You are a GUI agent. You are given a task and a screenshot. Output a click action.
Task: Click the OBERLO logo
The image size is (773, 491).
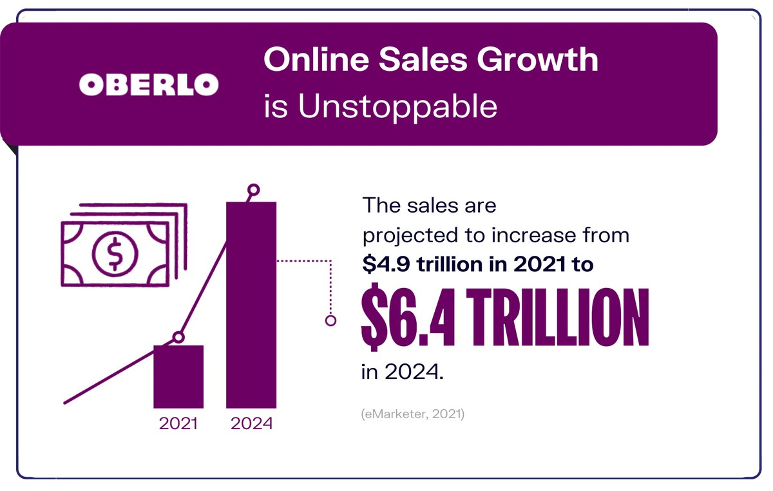(x=148, y=84)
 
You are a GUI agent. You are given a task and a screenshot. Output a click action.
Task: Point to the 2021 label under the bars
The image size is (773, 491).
(x=178, y=423)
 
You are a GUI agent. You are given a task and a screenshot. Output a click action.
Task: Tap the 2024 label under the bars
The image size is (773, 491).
(x=251, y=423)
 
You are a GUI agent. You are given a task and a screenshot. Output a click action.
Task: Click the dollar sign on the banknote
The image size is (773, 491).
(x=114, y=253)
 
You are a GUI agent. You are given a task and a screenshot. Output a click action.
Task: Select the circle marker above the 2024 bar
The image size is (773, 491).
(x=254, y=190)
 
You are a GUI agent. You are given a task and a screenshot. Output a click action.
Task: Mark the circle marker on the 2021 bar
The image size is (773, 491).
(x=179, y=337)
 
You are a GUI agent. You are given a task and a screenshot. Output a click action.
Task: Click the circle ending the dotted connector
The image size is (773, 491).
(x=331, y=320)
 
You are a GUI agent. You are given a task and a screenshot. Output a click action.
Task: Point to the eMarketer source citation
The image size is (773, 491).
(x=412, y=413)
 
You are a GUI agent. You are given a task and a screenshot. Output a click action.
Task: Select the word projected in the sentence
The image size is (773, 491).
(x=403, y=236)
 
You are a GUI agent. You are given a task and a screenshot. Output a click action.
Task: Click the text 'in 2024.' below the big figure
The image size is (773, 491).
(x=403, y=372)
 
